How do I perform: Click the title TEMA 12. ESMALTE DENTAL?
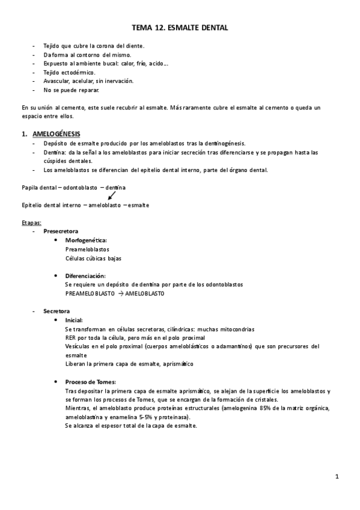(x=180, y=28)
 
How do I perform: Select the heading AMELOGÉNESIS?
(x=57, y=133)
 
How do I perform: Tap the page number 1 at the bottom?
(x=337, y=477)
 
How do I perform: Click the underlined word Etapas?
(x=31, y=223)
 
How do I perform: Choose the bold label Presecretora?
(x=60, y=232)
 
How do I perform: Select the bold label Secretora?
(x=56, y=311)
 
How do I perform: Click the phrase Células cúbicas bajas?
(x=93, y=258)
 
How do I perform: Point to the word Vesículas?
(x=78, y=346)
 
